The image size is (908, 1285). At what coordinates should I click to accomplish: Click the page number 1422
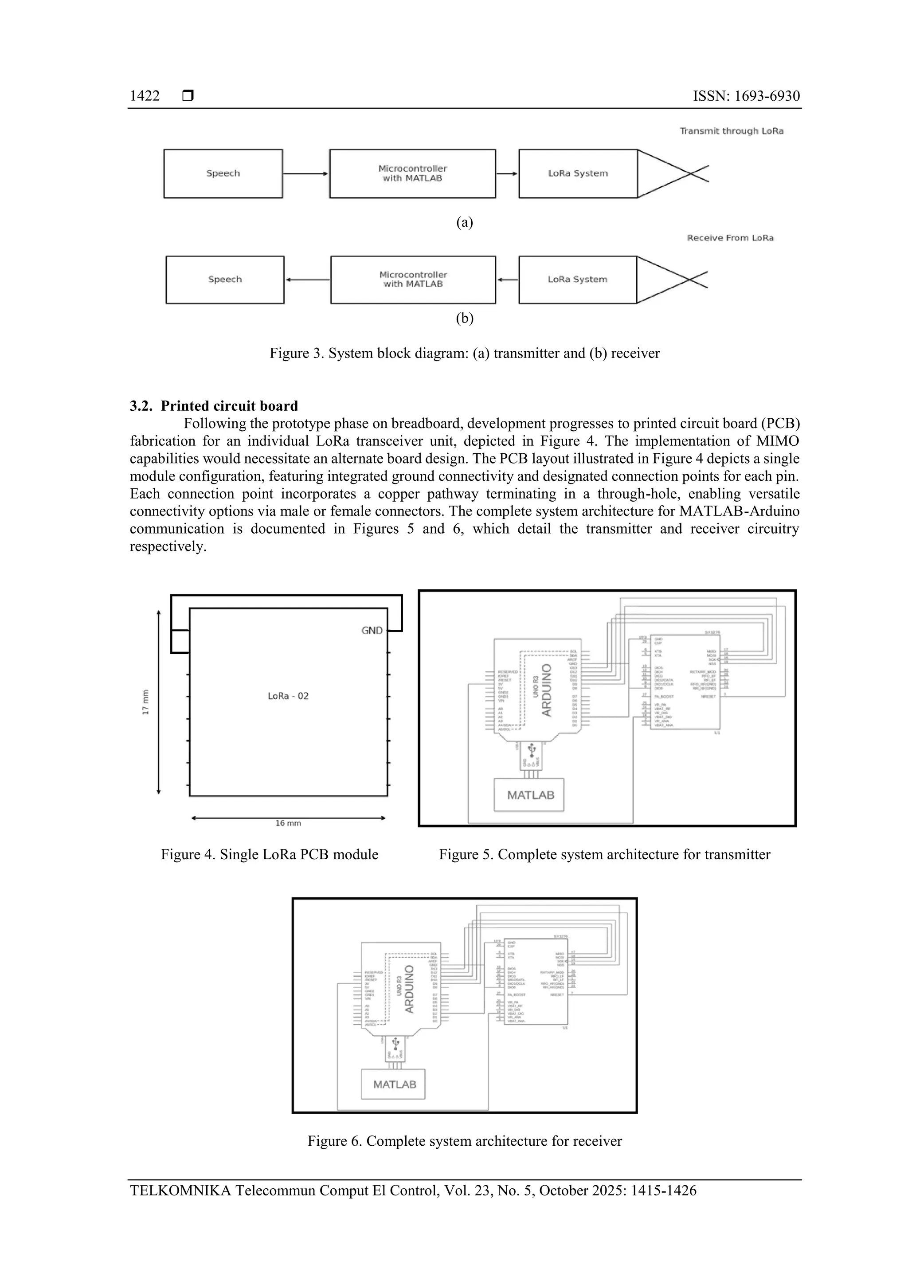[x=145, y=96]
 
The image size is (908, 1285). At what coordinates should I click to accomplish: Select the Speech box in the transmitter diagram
[x=223, y=173]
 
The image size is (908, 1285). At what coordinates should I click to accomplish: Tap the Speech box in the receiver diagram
[x=225, y=279]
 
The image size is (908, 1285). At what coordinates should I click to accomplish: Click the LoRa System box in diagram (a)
[x=578, y=173]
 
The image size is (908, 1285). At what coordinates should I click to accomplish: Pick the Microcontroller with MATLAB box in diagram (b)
[x=413, y=279]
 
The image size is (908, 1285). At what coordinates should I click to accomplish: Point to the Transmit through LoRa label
[x=731, y=131]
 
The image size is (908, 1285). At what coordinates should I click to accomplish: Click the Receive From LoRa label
[x=730, y=238]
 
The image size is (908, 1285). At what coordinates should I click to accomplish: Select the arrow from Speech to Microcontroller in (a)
[x=305, y=173]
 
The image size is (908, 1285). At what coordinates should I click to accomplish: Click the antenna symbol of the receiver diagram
[x=671, y=279]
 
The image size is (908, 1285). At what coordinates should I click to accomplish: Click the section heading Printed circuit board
[x=229, y=406]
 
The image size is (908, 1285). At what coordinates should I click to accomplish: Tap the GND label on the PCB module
[x=372, y=631]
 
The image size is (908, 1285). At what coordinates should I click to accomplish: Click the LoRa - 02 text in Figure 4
[x=288, y=696]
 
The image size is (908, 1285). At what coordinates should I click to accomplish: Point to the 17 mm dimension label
[x=145, y=701]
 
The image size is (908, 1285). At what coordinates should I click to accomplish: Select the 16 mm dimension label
[x=288, y=823]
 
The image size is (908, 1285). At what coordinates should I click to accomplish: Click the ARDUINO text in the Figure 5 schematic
[x=547, y=690]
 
